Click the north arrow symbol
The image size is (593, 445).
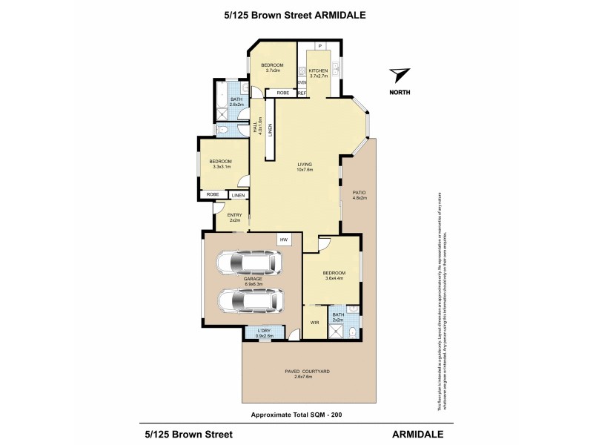(x=400, y=76)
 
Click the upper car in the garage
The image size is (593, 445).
(x=248, y=263)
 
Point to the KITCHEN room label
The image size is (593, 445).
(x=318, y=73)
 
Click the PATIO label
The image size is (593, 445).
(x=360, y=195)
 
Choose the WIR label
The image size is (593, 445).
(x=314, y=323)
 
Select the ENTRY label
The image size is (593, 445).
(x=234, y=217)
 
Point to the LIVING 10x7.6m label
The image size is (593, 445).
(x=305, y=167)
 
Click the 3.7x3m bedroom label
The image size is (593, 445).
(x=272, y=67)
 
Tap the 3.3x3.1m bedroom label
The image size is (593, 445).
(x=220, y=165)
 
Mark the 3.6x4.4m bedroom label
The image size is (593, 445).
(x=334, y=276)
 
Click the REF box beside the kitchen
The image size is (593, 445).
(x=302, y=93)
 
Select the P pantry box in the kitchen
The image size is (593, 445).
(x=319, y=47)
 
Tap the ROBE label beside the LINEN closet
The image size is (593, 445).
(x=212, y=195)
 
